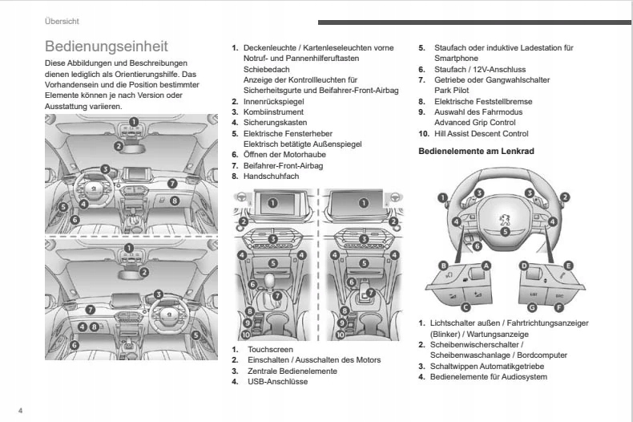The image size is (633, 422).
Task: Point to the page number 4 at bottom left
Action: (21, 409)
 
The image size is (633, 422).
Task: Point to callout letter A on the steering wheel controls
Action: (486, 266)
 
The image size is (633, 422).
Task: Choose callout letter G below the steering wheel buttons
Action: (490, 307)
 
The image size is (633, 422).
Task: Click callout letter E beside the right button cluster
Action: (568, 266)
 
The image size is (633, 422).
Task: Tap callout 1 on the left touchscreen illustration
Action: (272, 203)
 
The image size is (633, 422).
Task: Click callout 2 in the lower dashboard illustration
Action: (143, 271)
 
